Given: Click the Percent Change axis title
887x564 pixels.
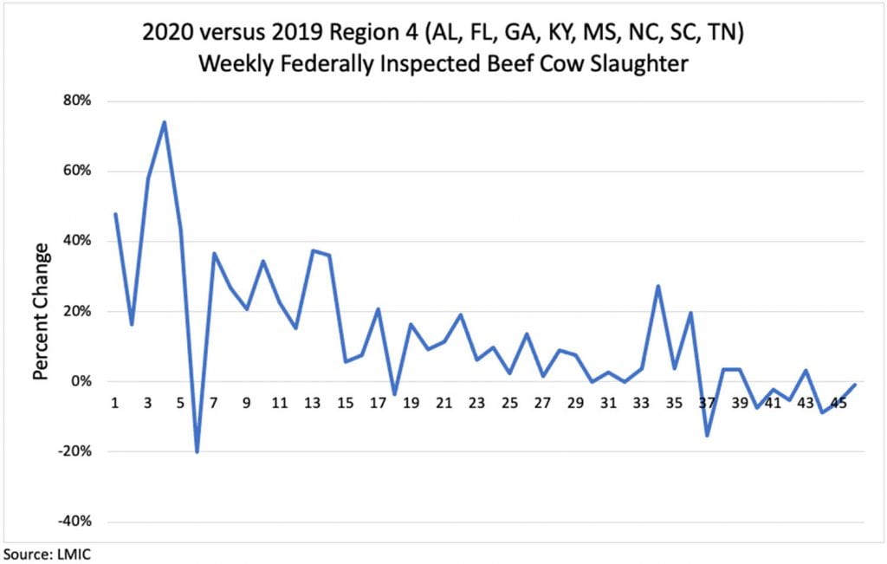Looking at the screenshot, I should tap(41, 311).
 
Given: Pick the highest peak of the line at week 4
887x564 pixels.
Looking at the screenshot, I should tap(165, 122).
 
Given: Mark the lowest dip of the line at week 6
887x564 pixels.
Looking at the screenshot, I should tap(197, 451).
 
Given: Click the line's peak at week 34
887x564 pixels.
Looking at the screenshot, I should tap(658, 286).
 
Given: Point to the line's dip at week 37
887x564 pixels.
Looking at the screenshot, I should tap(708, 435).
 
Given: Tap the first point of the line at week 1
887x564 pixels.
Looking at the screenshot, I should tap(115, 214).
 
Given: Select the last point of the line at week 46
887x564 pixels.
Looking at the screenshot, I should tap(856, 385).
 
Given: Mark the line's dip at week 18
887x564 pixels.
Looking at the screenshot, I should tap(395, 394).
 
